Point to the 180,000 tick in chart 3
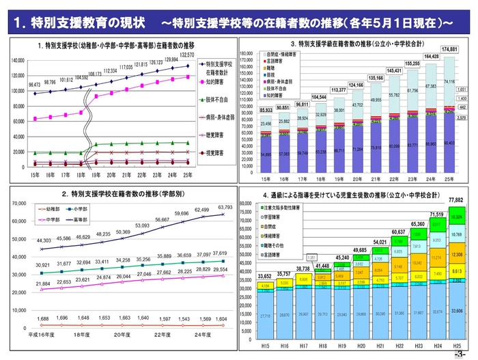pos(247,53)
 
